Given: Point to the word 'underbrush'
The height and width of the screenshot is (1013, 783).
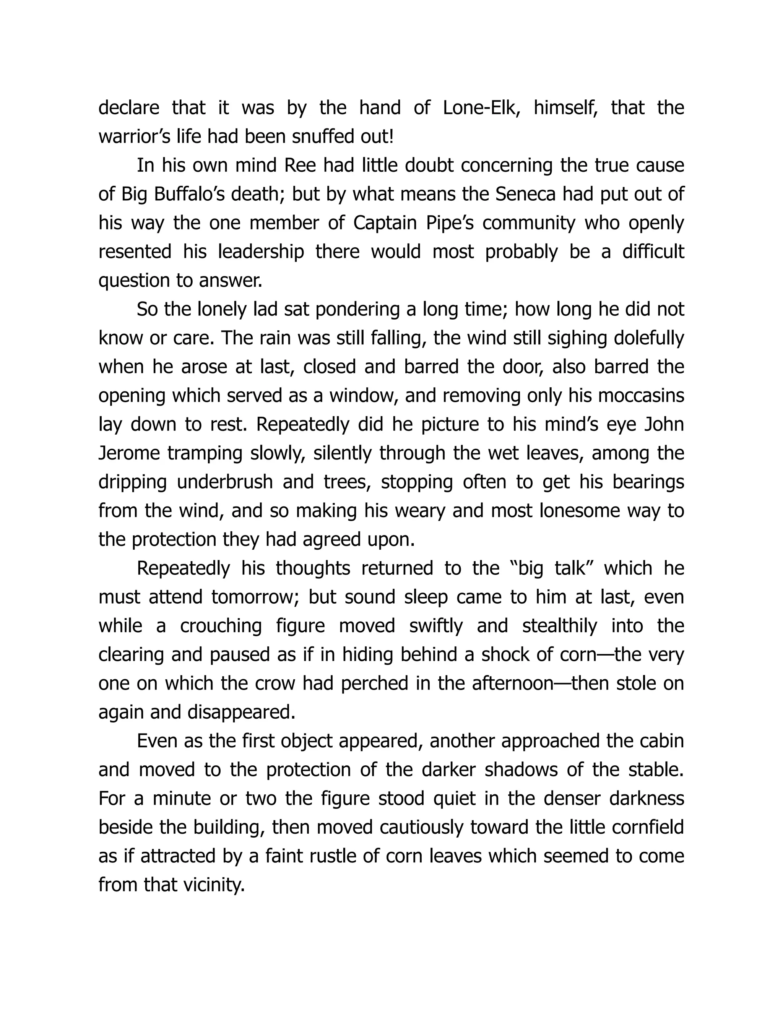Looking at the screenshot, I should click(225, 482).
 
